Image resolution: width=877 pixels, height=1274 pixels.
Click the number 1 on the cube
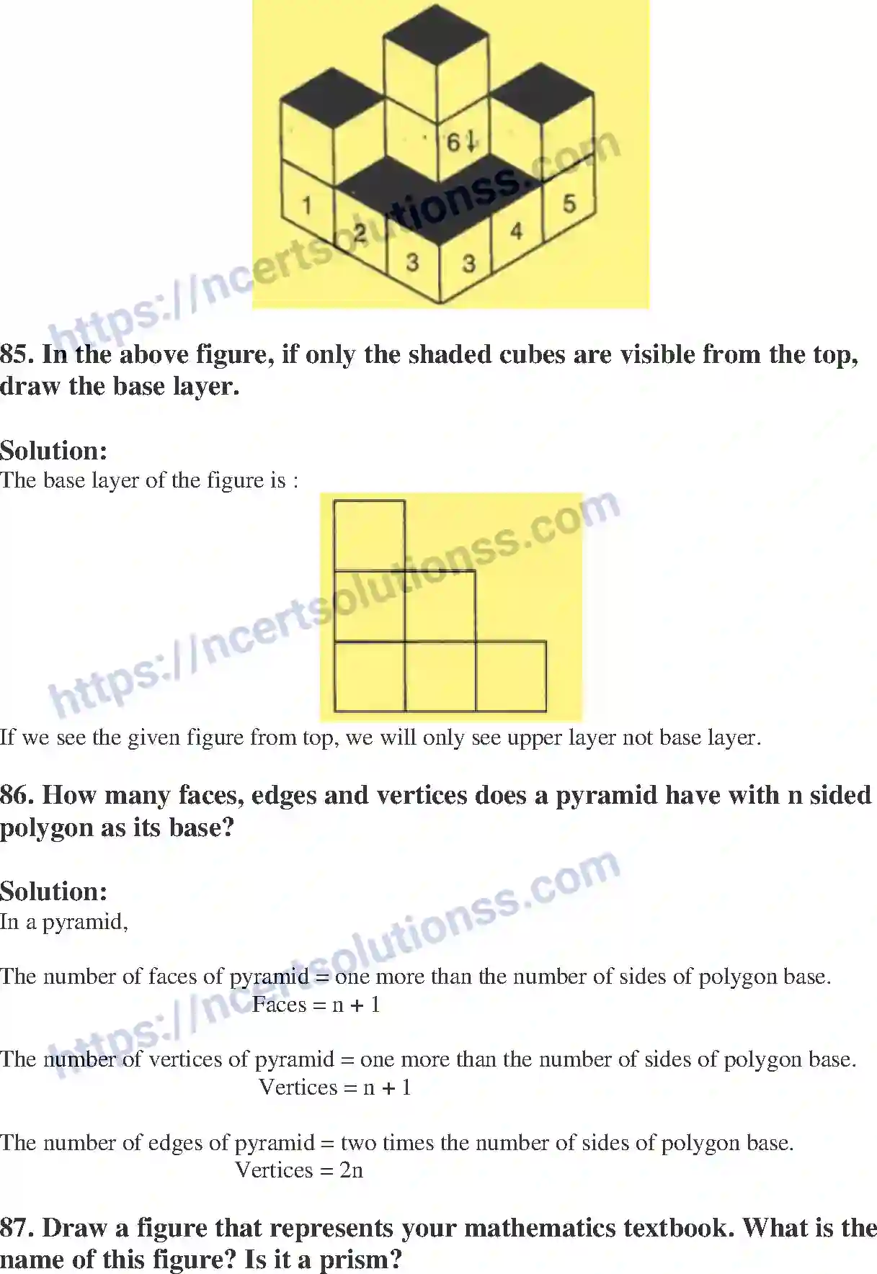(306, 205)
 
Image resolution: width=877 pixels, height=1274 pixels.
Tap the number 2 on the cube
(360, 232)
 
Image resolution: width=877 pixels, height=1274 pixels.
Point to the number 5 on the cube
(569, 204)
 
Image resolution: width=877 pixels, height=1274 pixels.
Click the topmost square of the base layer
(370, 536)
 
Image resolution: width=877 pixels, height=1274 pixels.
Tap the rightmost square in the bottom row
(511, 676)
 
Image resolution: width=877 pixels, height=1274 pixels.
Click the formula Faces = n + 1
(316, 1005)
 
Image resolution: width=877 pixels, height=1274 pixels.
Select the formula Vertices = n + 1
(334, 1087)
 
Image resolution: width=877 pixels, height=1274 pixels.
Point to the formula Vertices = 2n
(299, 1170)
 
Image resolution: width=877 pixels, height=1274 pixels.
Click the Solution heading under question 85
(54, 451)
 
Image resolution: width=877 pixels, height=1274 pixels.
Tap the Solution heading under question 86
(54, 892)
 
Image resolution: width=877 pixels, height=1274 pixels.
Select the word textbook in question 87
(678, 1228)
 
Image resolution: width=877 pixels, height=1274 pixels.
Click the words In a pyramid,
(64, 922)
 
